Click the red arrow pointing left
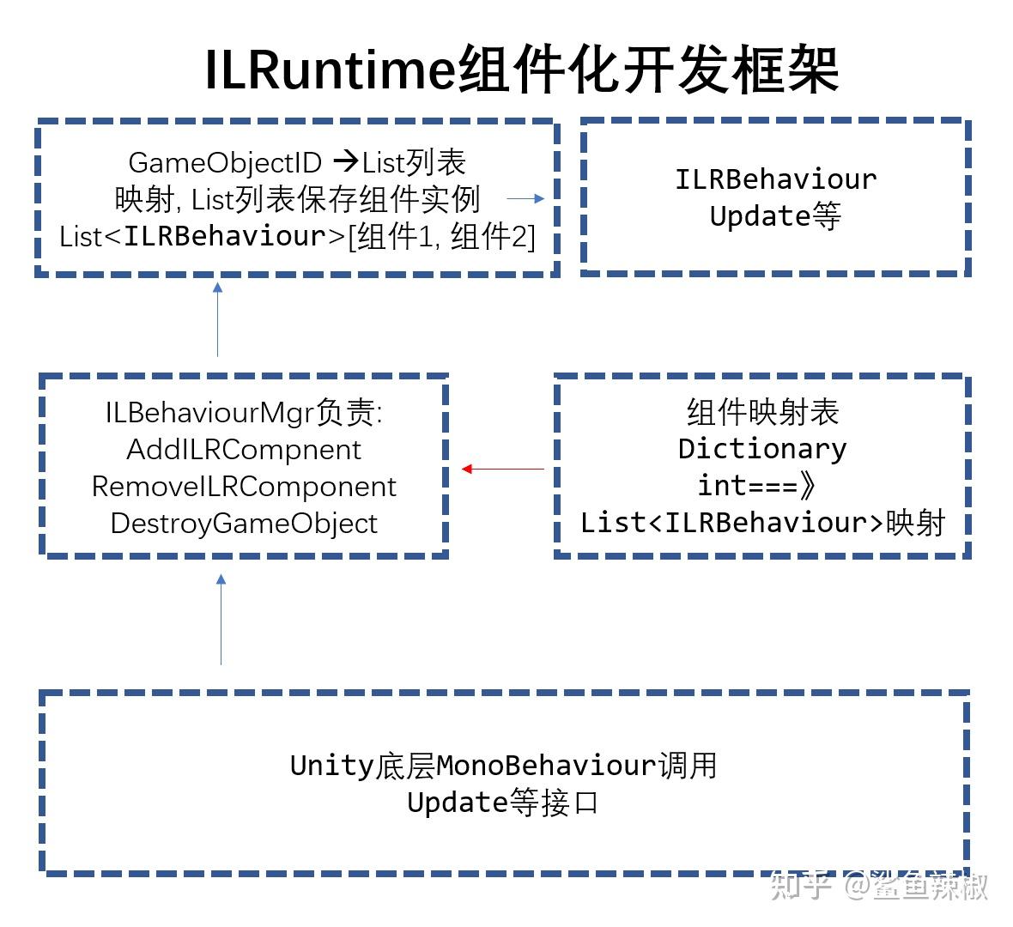503,469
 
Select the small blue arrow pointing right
525,198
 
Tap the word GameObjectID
225,162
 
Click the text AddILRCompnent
244,449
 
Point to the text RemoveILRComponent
244,486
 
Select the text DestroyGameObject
244,523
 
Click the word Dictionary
762,448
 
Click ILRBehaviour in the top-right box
775,179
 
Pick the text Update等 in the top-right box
775,215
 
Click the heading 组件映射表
762,412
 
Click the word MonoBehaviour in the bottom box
546,765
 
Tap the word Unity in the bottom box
331,765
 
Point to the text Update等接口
502,803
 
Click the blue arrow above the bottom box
221,620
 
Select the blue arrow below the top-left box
218,318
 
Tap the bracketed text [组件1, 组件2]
441,236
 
